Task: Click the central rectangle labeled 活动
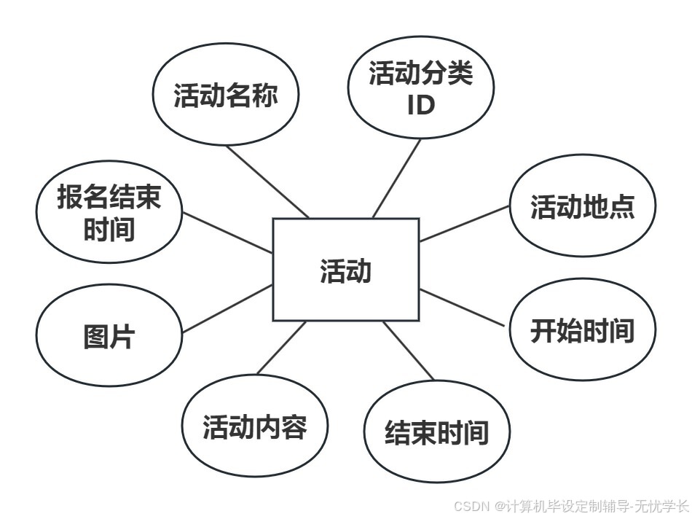(x=346, y=269)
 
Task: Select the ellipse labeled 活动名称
(x=226, y=95)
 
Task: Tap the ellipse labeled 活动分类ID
(x=421, y=87)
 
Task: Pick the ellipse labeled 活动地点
(x=582, y=206)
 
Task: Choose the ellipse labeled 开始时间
(x=582, y=330)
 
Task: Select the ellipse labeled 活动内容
(x=255, y=426)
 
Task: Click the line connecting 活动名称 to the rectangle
(x=267, y=182)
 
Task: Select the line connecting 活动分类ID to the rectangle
(x=397, y=179)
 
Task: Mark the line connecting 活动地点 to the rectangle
(x=464, y=223)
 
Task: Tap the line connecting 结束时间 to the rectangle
(x=409, y=351)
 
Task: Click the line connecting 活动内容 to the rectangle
(x=281, y=348)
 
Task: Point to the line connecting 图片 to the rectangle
(x=227, y=308)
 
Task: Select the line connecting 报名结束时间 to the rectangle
(x=227, y=233)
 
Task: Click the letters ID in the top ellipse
(x=421, y=106)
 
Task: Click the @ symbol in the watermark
(x=500, y=506)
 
